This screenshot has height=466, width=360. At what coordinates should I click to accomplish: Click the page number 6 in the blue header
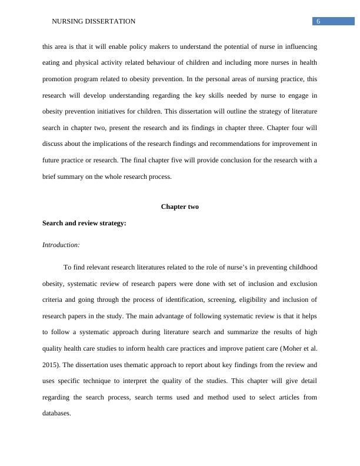pos(318,21)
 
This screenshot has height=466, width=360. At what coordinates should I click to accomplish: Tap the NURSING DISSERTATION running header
pos(94,21)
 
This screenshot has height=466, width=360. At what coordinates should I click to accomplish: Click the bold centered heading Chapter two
pos(179,207)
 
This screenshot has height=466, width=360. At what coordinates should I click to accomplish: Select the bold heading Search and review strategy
pos(84,223)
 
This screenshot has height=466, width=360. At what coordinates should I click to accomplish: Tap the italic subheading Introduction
pos(61,245)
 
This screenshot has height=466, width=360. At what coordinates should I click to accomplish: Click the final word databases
pos(56,413)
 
